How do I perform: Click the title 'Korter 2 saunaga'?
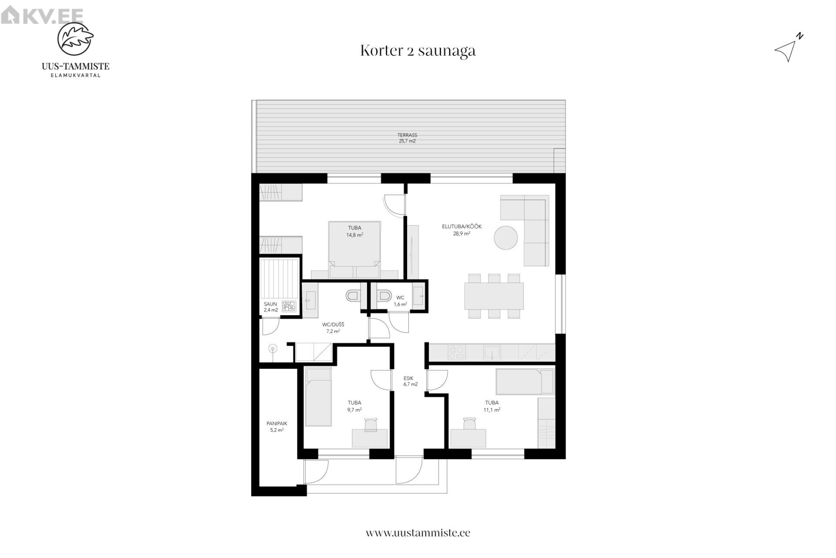click(418, 51)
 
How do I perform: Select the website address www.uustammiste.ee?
click(418, 533)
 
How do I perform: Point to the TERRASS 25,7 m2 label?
click(407, 138)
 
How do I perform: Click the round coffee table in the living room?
click(506, 238)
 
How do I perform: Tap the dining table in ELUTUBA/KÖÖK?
click(494, 296)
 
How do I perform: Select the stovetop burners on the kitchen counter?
click(457, 352)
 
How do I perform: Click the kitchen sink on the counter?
click(492, 352)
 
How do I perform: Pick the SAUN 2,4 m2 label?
click(270, 307)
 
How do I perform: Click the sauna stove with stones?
click(289, 306)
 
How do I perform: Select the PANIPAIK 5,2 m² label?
click(277, 426)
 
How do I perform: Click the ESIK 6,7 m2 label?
click(411, 381)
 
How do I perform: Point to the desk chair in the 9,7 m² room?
click(371, 424)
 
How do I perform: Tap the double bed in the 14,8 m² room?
click(354, 250)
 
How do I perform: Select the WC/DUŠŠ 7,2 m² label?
click(333, 328)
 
